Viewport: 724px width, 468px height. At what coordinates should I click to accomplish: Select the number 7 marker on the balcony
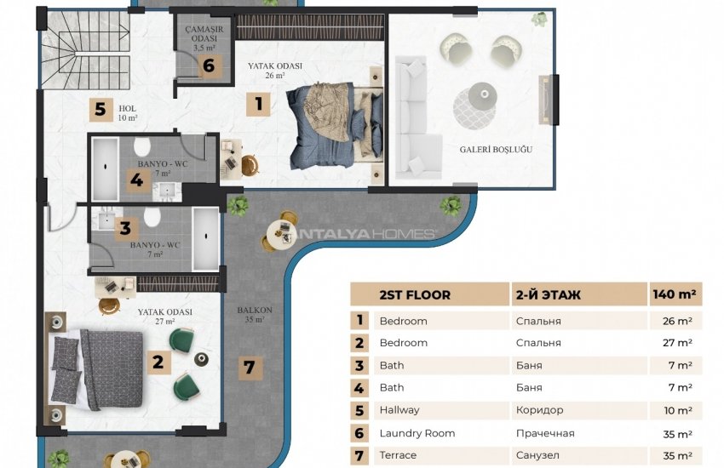coord(249,368)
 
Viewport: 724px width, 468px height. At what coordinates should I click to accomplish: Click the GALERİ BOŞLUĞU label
coord(496,149)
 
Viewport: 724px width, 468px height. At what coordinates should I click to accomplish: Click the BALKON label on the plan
coord(255,315)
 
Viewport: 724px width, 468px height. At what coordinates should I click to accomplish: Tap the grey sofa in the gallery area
coord(413,116)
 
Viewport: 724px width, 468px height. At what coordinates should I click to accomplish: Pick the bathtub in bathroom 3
coord(205,238)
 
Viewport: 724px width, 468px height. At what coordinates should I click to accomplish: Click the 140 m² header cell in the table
coord(675,294)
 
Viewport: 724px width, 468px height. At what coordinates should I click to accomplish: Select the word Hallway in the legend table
coord(399,409)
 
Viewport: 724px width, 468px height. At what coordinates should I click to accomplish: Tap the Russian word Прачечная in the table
coord(544,433)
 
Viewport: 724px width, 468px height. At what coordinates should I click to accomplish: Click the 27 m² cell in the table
coord(675,342)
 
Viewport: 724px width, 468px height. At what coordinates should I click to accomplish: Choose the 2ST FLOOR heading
coord(414,294)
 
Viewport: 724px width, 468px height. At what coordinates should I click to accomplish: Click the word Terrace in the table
coord(398,455)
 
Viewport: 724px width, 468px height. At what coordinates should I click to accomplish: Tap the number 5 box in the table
coord(359,409)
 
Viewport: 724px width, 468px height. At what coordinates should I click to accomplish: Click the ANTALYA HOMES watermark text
coord(366,233)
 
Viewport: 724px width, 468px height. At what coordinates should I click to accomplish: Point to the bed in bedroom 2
coord(97,368)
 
